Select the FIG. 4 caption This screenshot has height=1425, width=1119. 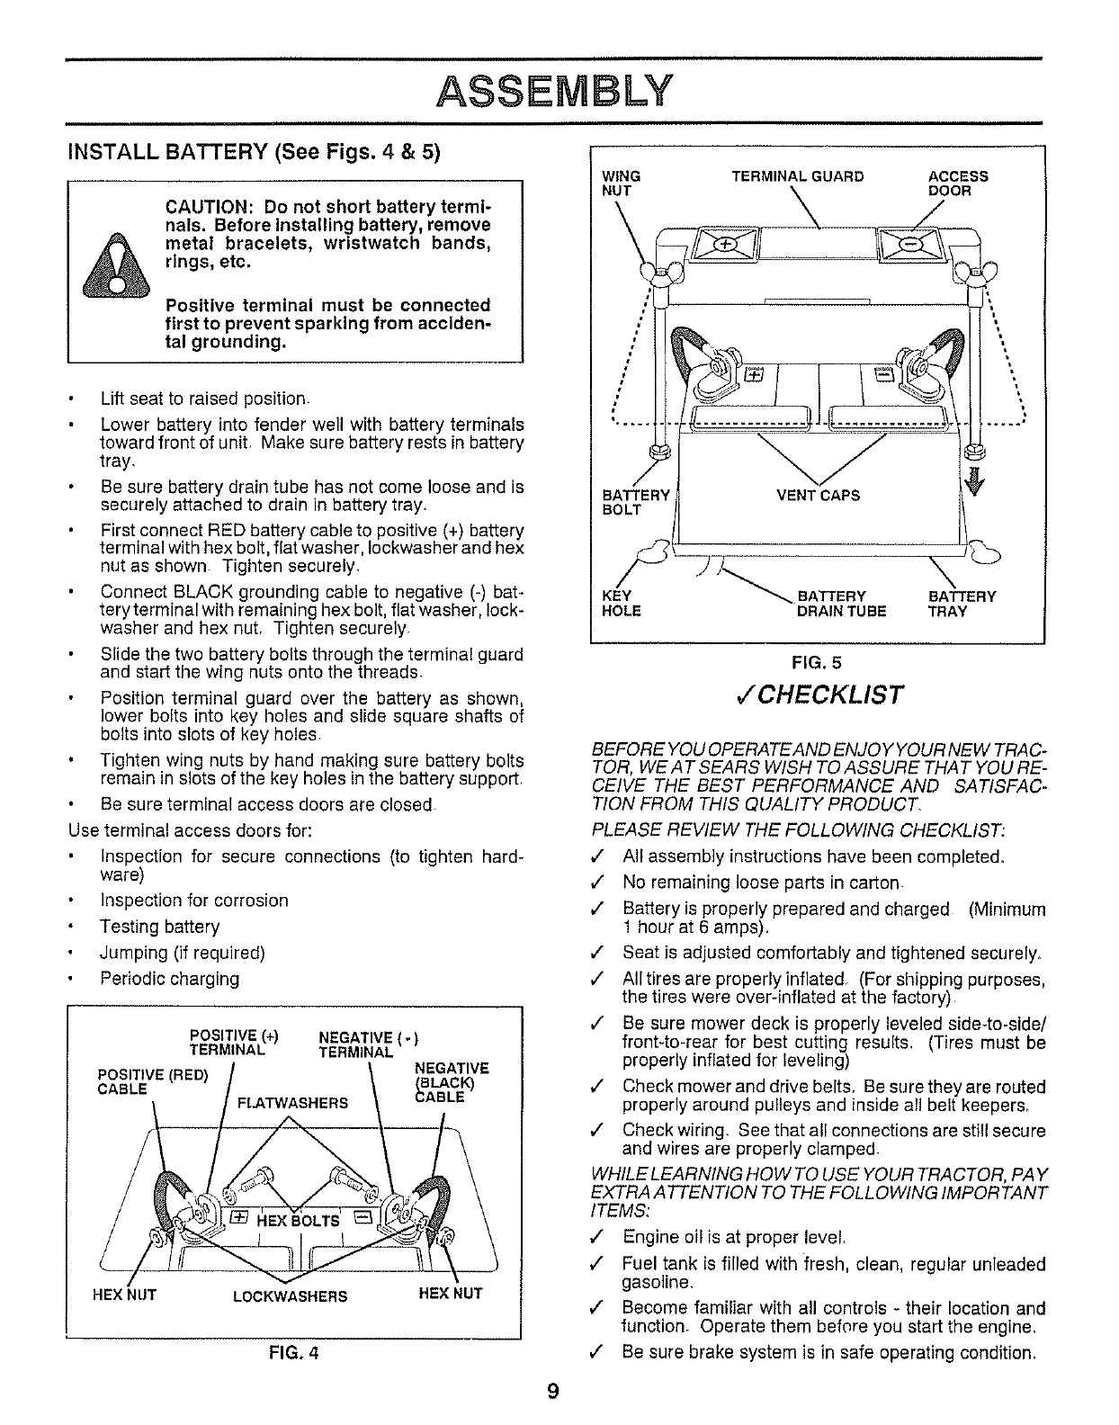click(x=291, y=1352)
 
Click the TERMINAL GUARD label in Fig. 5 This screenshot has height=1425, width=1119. click(x=798, y=176)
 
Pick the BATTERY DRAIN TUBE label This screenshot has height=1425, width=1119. click(x=841, y=604)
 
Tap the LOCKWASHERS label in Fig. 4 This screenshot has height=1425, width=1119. click(x=290, y=1295)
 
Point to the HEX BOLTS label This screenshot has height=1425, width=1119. click(x=298, y=1220)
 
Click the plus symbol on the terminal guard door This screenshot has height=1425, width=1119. click(x=721, y=244)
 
